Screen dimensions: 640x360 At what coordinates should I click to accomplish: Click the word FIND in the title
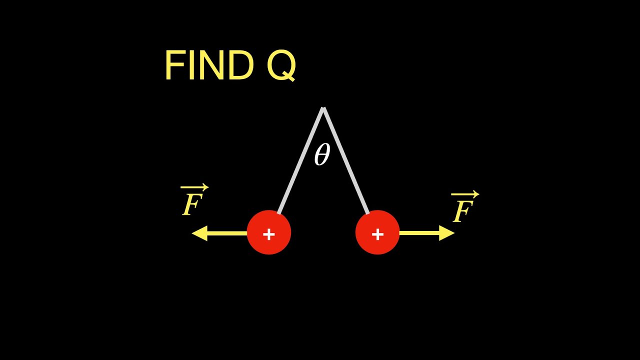pos(209,65)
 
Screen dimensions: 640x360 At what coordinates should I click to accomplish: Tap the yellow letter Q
pos(281,65)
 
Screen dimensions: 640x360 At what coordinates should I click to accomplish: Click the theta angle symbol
pos(322,154)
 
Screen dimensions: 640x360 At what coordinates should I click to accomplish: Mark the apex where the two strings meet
pos(323,107)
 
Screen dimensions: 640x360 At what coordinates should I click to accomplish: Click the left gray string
pos(300,160)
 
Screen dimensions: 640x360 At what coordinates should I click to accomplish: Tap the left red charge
pos(269,232)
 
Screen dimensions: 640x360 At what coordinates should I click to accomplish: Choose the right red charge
pos(377,232)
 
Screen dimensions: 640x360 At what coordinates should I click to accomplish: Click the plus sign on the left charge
pos(269,234)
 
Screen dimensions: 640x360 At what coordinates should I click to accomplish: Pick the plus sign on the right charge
pos(377,234)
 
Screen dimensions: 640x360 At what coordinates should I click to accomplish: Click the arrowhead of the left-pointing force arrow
pos(200,233)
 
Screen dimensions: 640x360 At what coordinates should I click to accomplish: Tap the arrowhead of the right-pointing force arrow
pos(446,233)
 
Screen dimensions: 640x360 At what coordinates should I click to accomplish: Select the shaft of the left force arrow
pos(227,233)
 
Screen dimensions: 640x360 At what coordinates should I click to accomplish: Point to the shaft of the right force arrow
pos(419,233)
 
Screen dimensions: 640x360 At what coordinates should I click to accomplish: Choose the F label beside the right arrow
pos(463,210)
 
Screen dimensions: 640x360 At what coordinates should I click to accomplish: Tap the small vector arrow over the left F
pos(194,187)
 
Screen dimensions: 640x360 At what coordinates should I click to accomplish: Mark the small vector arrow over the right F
pos(465,194)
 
